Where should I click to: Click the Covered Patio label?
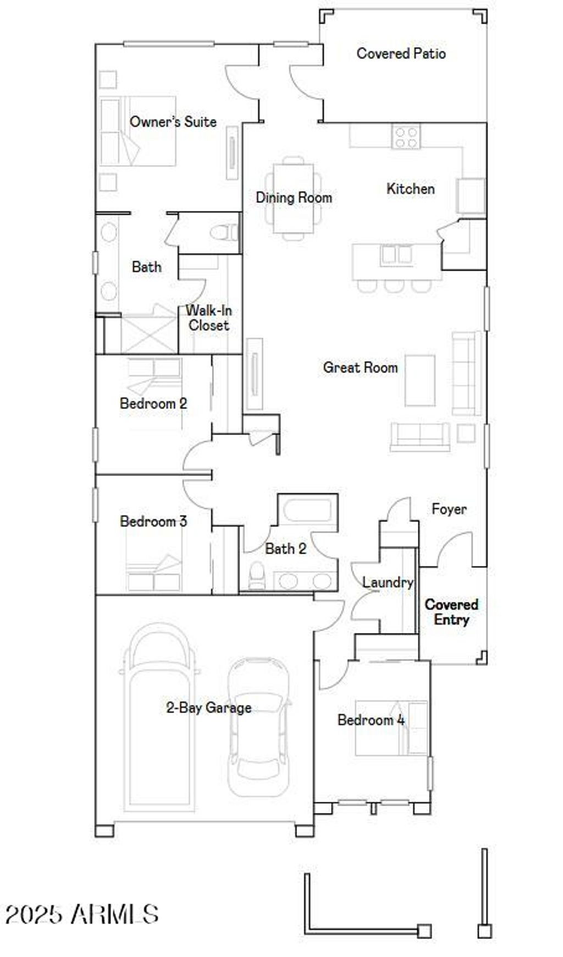[401, 53]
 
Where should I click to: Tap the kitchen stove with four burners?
[406, 136]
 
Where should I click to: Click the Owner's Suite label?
[173, 122]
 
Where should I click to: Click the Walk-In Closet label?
[208, 318]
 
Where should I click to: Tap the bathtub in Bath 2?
[307, 511]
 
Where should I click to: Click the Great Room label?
[360, 367]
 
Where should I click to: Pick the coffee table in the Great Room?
[421, 380]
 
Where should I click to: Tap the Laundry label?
[387, 582]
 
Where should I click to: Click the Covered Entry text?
[451, 612]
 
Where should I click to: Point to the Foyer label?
[449, 509]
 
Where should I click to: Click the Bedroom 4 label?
[371, 720]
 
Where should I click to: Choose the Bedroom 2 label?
[153, 403]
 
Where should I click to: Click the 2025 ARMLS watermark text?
[82, 914]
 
